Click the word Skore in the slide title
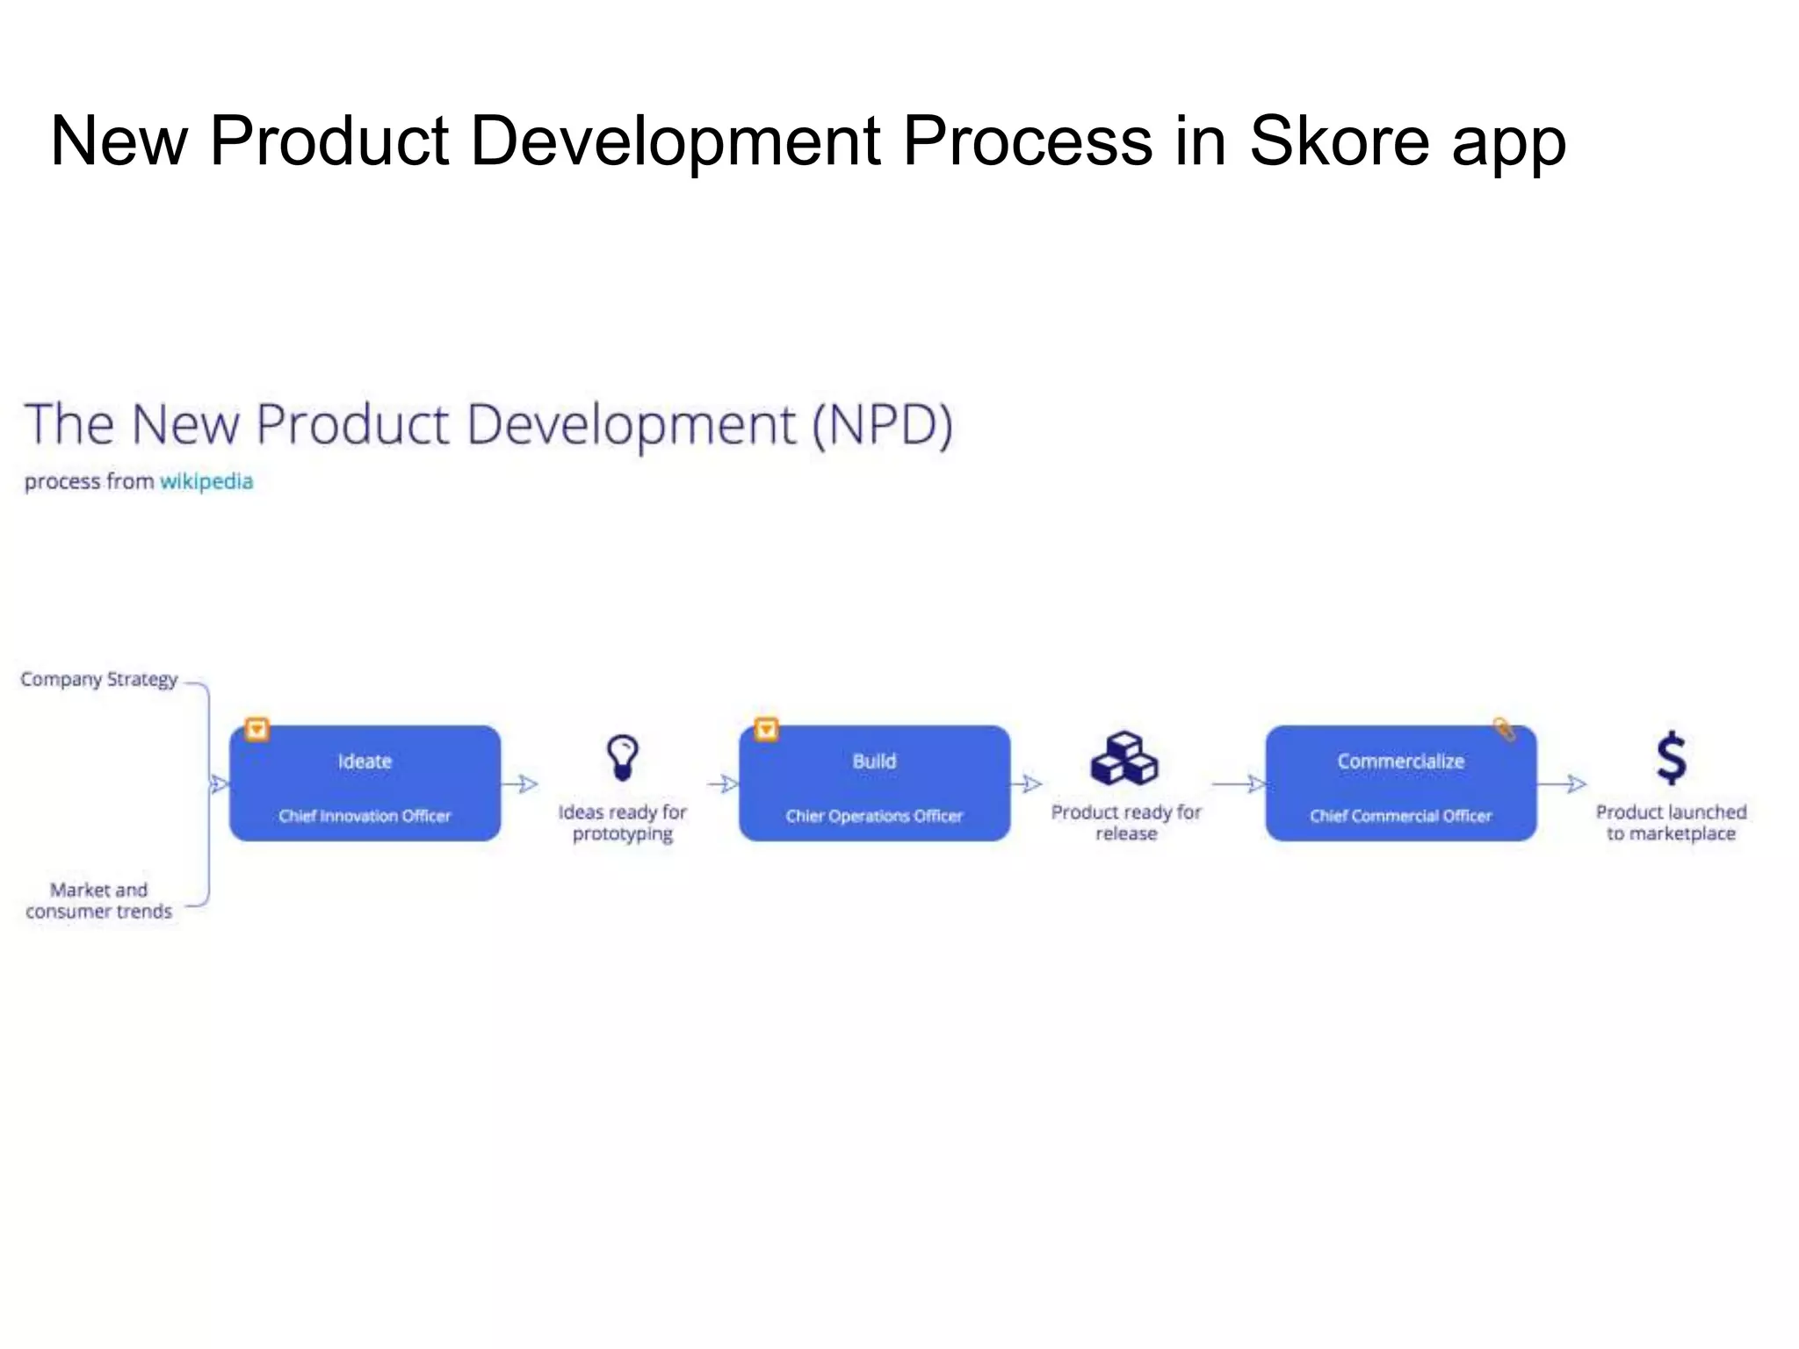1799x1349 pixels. pos(1339,141)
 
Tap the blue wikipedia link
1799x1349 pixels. pos(206,481)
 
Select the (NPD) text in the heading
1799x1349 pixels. pos(882,425)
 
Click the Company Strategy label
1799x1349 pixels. pos(99,679)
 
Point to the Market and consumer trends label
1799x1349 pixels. pos(99,900)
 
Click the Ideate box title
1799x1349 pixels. pos(365,761)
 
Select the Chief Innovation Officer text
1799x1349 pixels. pos(365,816)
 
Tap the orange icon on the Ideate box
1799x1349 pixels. pos(256,729)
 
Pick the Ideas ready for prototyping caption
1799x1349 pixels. pos(623,823)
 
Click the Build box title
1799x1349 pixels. pos(874,761)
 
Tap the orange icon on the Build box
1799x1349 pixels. pos(766,729)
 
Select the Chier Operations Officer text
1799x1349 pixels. pos(874,816)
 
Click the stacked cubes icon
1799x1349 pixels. pos(1124,758)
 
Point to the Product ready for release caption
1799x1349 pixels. pos(1126,823)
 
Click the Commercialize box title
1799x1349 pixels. pos(1400,761)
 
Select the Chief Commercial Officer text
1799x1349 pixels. pos(1400,816)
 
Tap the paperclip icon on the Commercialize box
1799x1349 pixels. pos(1504,729)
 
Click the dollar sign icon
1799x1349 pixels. pos(1671,758)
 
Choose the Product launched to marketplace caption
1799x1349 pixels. pos(1671,823)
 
